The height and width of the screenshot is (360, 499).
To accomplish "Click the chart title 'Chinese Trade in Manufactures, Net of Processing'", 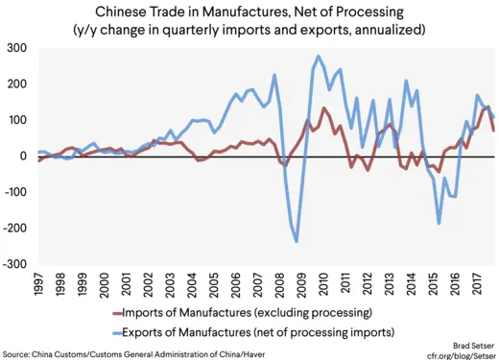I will tap(249, 12).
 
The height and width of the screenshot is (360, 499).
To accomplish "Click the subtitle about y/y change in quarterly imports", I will tap(249, 30).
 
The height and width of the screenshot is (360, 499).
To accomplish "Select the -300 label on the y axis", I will tap(14, 265).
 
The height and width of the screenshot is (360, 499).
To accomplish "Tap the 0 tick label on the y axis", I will tap(24, 156).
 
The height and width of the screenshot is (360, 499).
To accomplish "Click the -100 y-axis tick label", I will tap(14, 192).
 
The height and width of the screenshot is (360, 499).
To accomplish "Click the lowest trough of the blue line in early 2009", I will tap(297, 241).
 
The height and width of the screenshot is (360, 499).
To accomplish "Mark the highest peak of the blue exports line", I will tap(318, 57).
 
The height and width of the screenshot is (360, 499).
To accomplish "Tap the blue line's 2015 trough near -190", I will tap(439, 224).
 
